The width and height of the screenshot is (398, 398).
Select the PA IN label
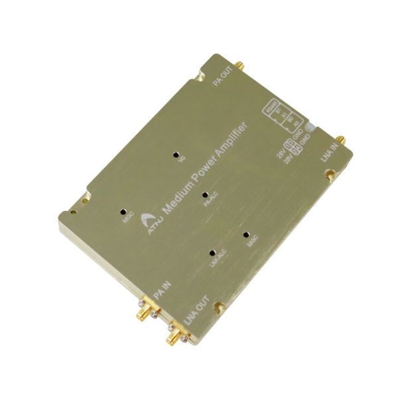[x=162, y=290]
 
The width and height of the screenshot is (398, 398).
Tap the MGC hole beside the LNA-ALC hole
[x=246, y=234]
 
